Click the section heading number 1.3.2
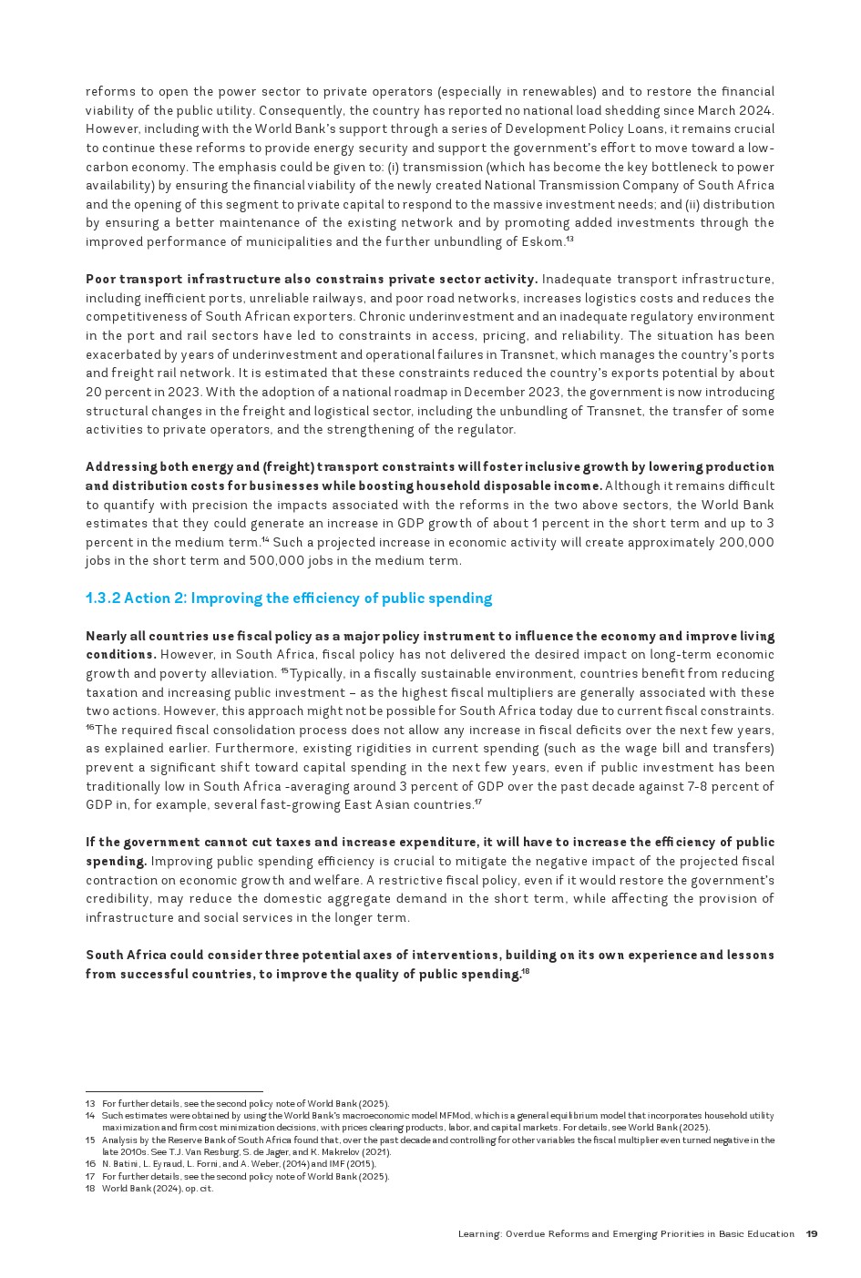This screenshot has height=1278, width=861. [102, 598]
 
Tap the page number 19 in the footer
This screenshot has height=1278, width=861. [812, 1234]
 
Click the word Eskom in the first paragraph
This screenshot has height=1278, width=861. [545, 242]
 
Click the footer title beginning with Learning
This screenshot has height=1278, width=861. [626, 1234]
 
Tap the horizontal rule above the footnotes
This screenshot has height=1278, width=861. [174, 1091]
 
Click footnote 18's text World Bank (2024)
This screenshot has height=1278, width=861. [142, 1189]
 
